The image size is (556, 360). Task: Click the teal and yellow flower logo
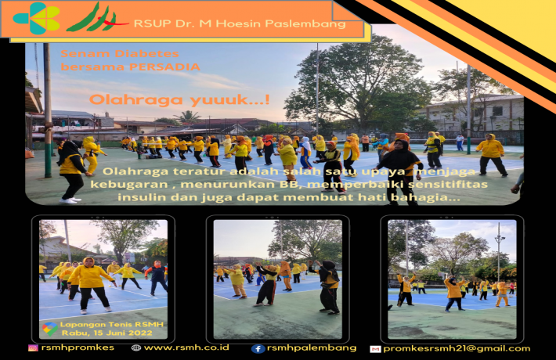36,18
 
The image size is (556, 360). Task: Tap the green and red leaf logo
96,18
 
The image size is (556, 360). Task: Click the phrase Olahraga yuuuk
179,99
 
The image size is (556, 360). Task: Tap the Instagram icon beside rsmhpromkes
33,348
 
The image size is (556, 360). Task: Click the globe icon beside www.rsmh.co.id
136,348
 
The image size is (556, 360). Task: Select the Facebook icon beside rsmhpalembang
258,349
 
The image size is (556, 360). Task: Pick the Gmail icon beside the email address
375,349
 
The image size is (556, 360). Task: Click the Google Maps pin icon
49,329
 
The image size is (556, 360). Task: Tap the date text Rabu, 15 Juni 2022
107,333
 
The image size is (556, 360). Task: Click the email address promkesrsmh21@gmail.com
457,349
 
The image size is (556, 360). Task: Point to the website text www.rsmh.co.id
186,347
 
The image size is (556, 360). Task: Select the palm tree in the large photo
187,117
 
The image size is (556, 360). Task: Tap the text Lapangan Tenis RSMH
112,324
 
